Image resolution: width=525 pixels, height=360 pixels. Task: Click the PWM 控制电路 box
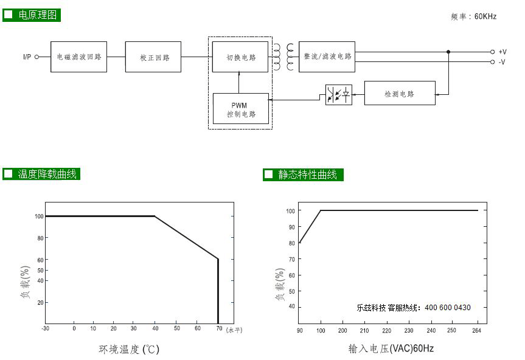[x=241, y=108]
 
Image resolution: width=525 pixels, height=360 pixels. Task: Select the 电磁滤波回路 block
[x=78, y=57]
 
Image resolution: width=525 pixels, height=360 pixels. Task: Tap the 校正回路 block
[x=153, y=57]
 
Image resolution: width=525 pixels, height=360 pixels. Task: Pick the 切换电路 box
[x=240, y=57]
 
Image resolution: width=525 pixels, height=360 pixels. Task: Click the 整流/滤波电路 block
[x=327, y=57]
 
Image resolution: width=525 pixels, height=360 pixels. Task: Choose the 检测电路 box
[x=400, y=93]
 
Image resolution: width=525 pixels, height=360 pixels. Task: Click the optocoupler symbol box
[x=339, y=95]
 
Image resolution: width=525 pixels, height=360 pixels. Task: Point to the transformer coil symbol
[x=283, y=57]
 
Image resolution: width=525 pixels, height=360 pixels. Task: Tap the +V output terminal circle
[x=492, y=52]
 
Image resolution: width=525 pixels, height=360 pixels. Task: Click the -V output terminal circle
[x=492, y=62]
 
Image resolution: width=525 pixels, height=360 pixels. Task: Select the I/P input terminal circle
[x=37, y=57]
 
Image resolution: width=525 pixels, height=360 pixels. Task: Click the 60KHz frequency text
[x=485, y=16]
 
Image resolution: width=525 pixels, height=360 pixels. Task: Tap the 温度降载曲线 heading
[x=47, y=174]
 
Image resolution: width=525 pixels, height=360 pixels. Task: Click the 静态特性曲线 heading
[x=307, y=175]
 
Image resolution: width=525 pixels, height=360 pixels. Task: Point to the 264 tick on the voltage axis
[x=476, y=331]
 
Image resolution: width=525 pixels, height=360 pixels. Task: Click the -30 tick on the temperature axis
[x=45, y=328]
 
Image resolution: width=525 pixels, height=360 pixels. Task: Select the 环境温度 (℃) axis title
[x=129, y=349]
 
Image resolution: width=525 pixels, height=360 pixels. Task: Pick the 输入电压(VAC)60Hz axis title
[x=391, y=348]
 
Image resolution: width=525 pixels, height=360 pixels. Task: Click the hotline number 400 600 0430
[x=448, y=308]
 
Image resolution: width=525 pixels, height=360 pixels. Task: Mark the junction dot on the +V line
[x=448, y=52]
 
